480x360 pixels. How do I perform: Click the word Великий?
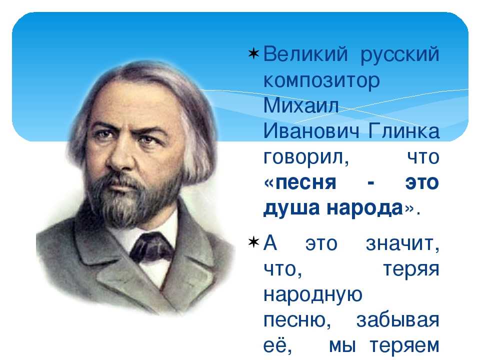click(x=305, y=54)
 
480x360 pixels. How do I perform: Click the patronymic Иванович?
click(x=311, y=131)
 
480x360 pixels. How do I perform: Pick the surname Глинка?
click(x=404, y=131)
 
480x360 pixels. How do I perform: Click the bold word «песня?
click(x=299, y=183)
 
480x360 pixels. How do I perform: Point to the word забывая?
click(x=397, y=320)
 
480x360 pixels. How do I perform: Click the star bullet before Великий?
click(x=253, y=54)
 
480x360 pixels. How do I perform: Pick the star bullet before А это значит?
click(x=253, y=243)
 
